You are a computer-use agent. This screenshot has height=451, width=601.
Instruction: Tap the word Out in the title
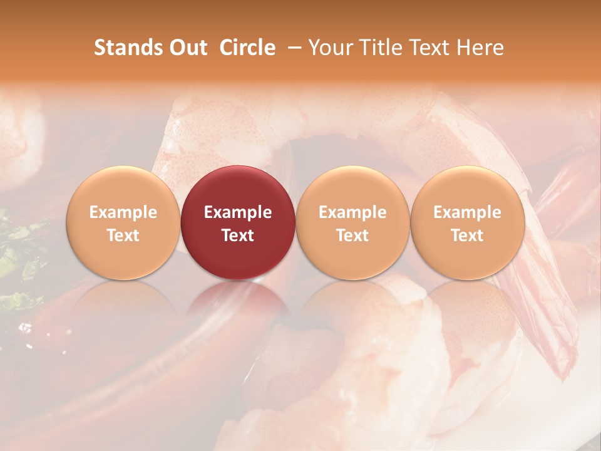187,48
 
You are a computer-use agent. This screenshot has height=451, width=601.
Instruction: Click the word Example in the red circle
238,212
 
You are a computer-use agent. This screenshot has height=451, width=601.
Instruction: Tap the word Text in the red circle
238,236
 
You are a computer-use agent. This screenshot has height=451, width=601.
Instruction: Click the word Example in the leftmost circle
123,212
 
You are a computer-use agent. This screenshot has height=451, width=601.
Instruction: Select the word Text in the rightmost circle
468,236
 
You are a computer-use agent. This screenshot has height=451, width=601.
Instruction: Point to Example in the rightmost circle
468,212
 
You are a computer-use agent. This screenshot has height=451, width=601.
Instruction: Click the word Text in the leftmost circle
123,236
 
